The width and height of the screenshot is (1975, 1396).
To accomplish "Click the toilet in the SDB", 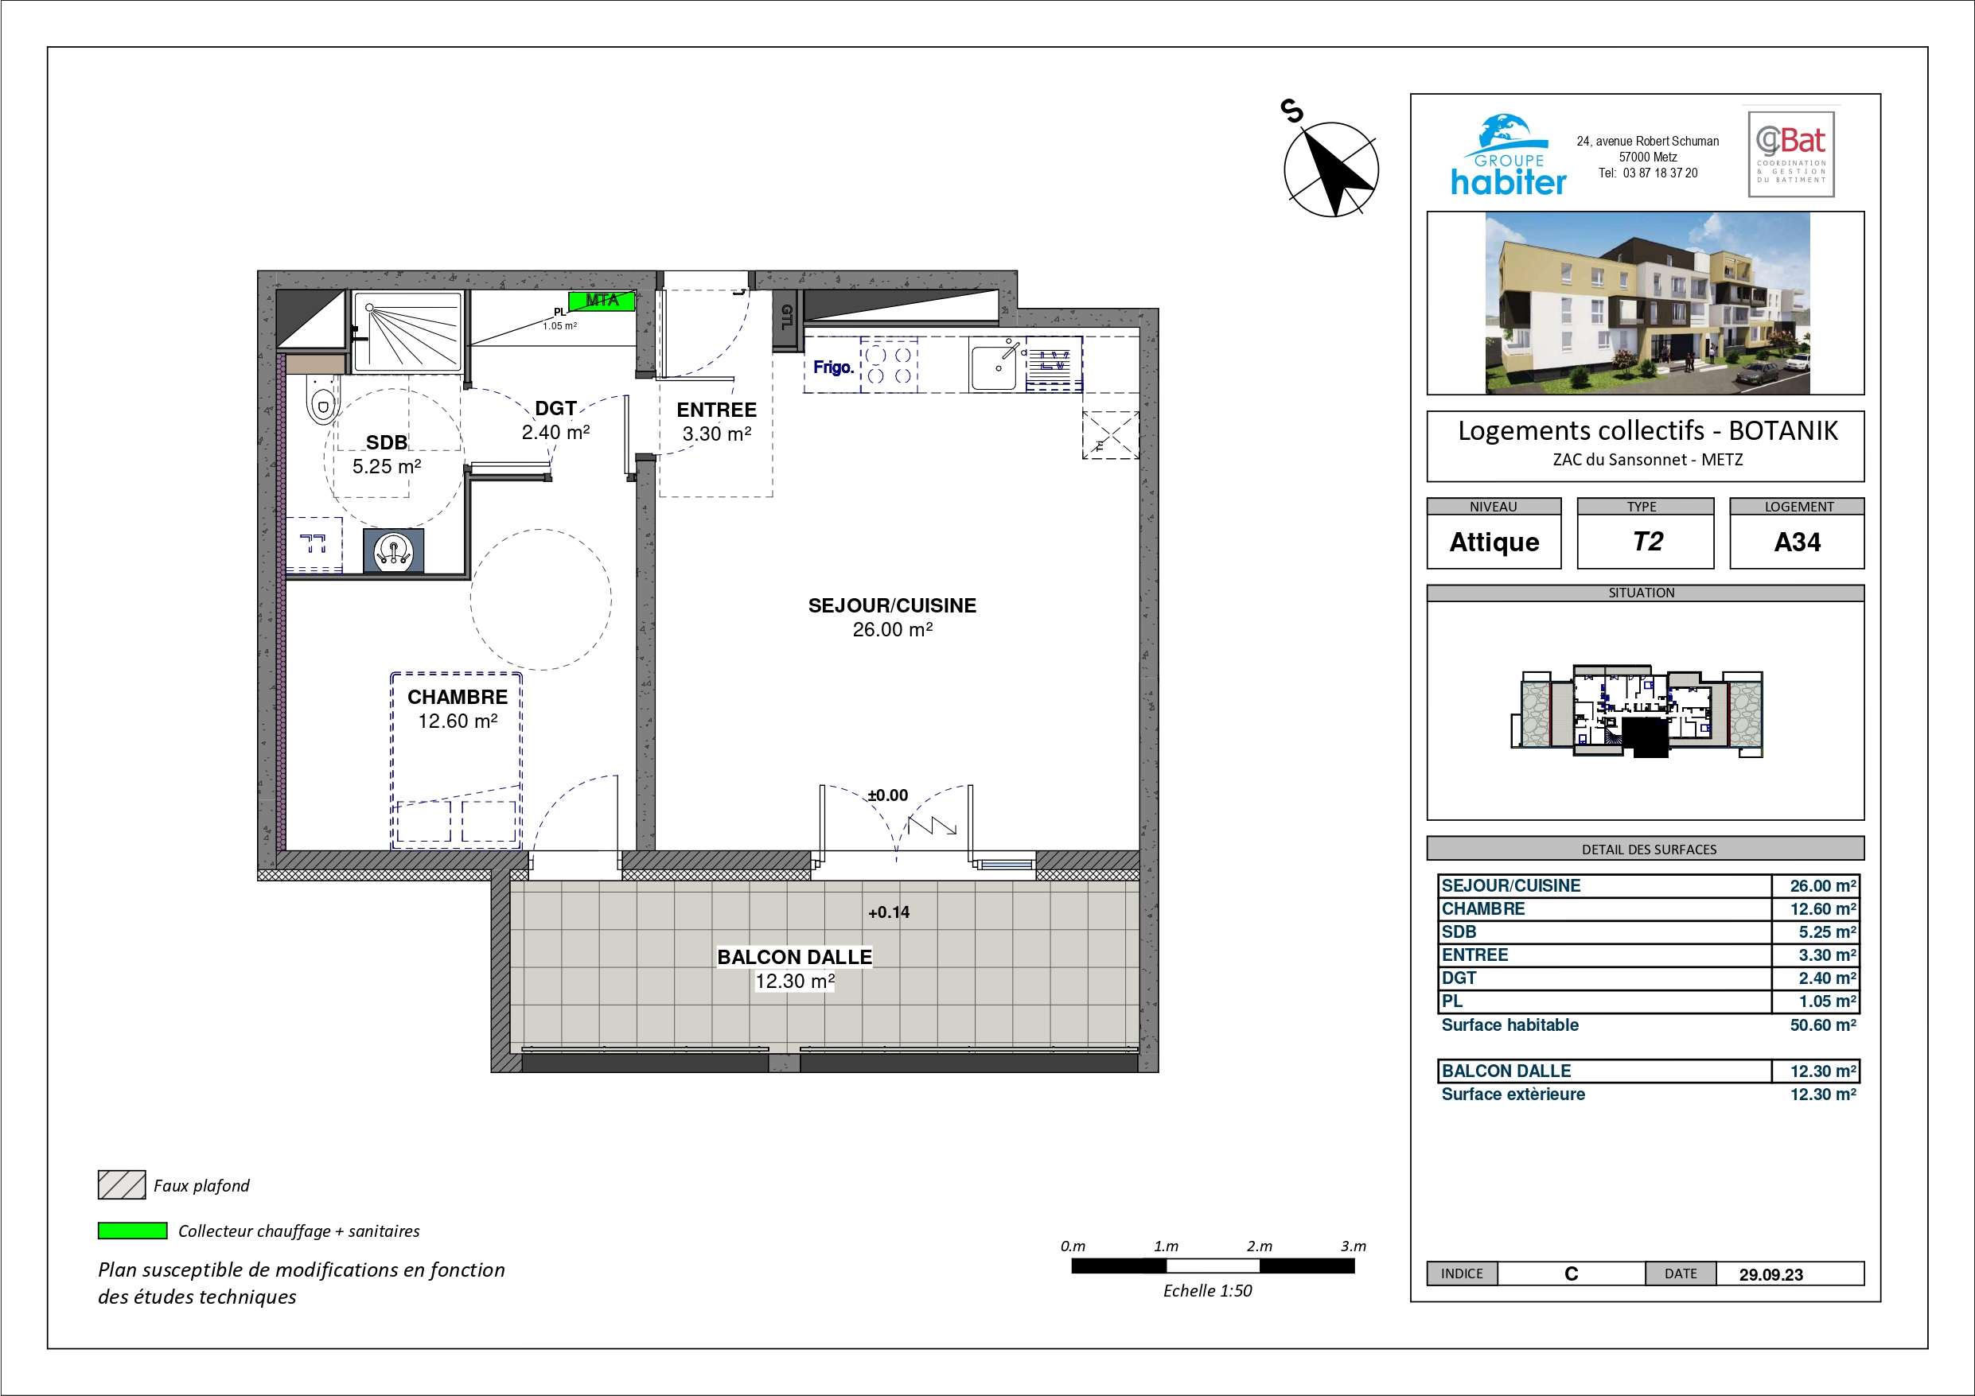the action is point(322,400).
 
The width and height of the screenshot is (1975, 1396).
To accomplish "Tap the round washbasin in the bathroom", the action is point(394,550).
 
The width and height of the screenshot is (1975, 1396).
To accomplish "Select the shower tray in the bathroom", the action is point(407,331).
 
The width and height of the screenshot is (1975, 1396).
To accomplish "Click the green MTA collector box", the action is point(602,300).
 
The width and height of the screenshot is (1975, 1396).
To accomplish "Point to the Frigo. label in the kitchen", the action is point(833,367).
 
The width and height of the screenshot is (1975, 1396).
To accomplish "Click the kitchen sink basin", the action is point(994,367).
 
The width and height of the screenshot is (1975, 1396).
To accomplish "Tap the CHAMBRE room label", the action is point(458,697).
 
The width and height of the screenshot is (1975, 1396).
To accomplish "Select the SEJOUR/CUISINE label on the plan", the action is point(892,605).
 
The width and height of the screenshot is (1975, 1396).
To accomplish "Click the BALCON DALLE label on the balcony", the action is point(795,958).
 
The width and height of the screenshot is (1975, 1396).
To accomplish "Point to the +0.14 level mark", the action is point(889,912).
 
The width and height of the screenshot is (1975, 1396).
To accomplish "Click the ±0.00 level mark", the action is point(888,795).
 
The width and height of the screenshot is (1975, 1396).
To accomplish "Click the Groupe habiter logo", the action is point(1508,156).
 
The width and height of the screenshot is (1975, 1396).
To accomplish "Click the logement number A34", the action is point(1797,542).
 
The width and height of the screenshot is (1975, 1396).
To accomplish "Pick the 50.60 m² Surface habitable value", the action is point(1823,1025).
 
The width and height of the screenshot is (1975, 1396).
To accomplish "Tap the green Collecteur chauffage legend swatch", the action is point(132,1231).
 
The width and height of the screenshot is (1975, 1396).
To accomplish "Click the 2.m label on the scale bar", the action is point(1260,1246).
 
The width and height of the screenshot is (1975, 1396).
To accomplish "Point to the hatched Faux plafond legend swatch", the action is point(121,1184).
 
